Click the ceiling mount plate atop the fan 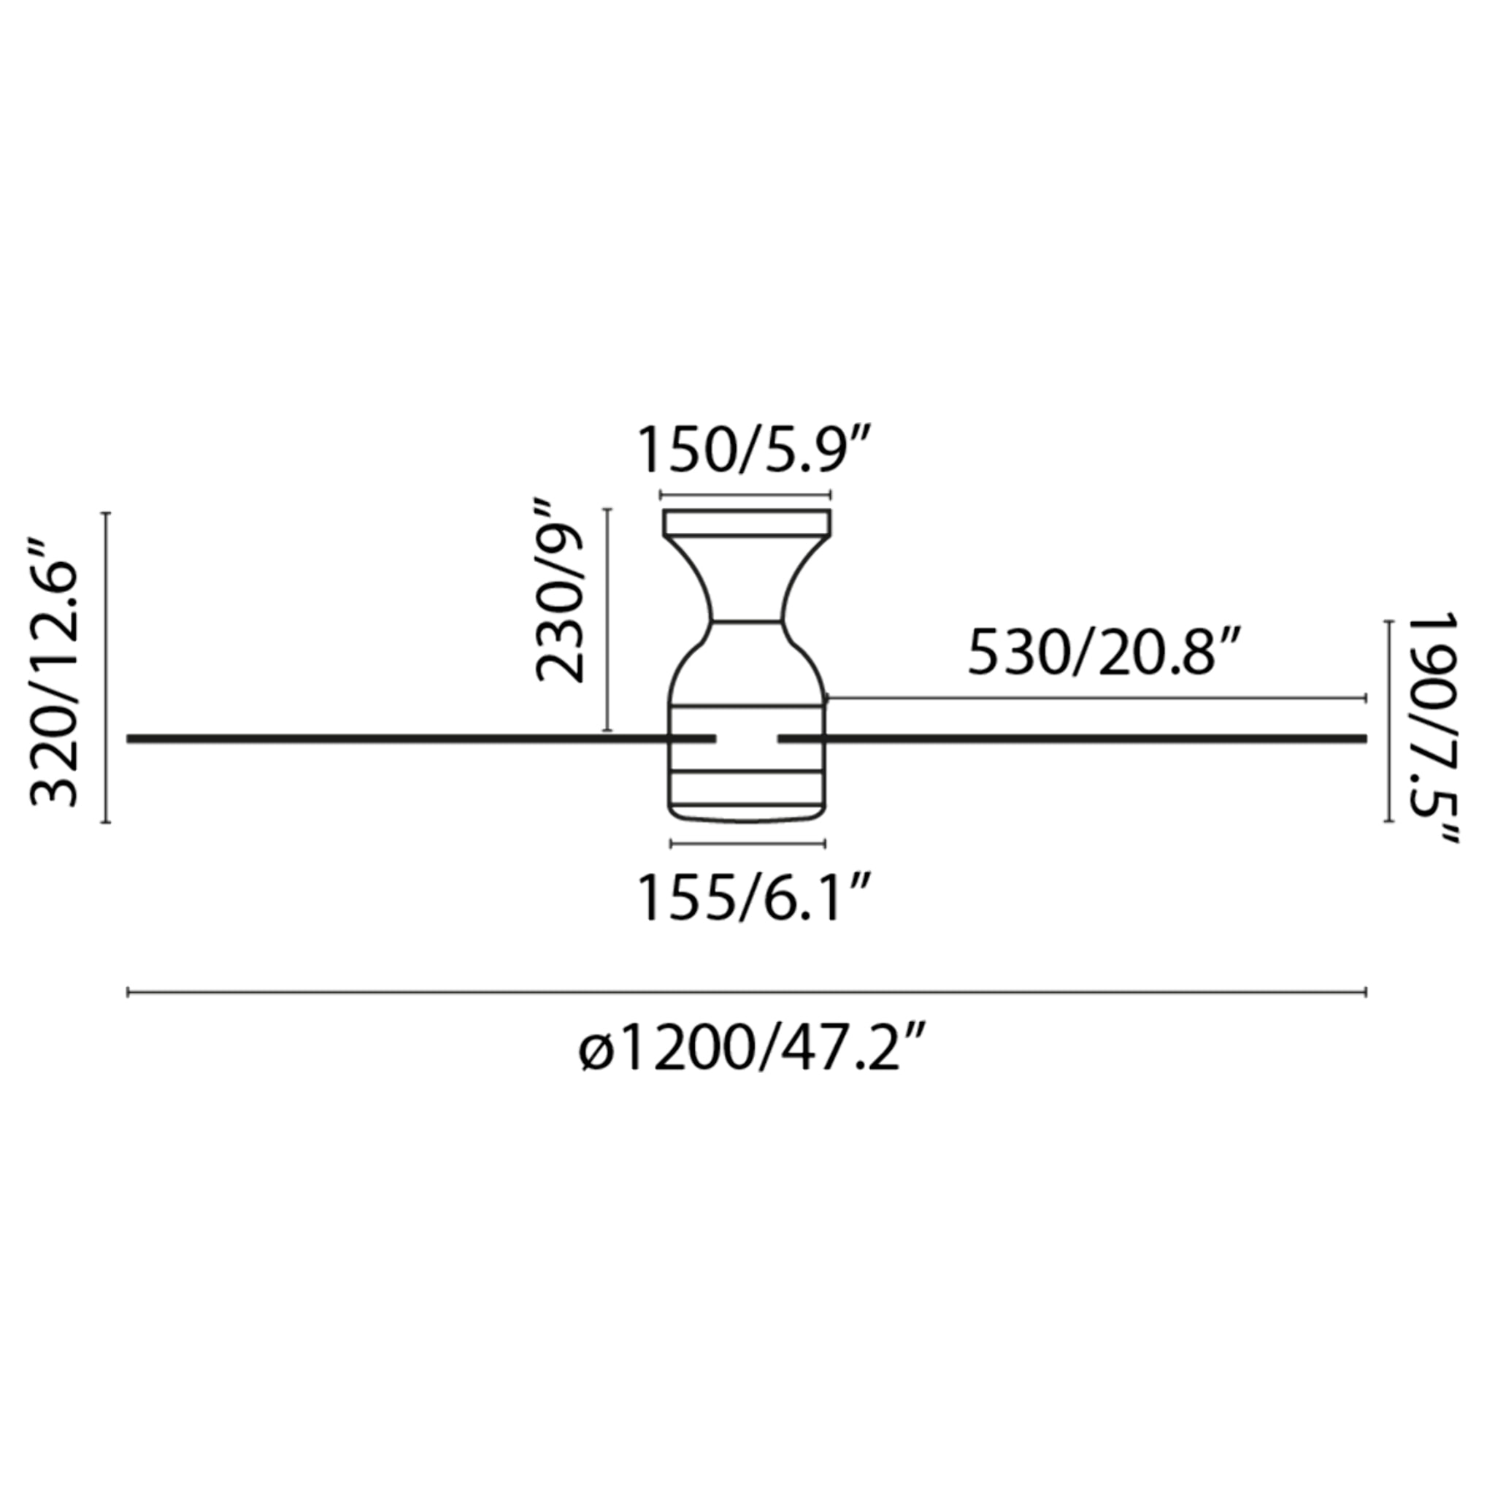tap(747, 523)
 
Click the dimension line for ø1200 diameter tap(747, 992)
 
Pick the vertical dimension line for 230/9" tap(608, 619)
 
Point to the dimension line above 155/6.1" tap(748, 842)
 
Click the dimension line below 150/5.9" tap(745, 493)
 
